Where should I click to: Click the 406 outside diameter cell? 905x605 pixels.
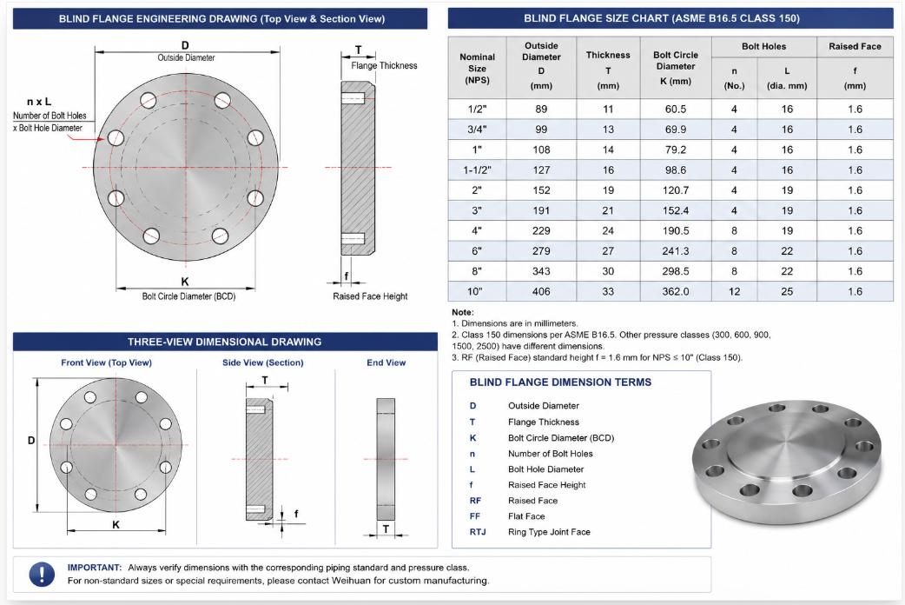click(x=541, y=291)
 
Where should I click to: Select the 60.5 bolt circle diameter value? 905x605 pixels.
click(x=676, y=110)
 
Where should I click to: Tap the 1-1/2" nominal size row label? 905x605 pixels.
click(x=477, y=170)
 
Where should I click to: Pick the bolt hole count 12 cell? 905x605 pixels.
click(x=734, y=291)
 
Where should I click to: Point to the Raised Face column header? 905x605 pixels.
click(x=855, y=46)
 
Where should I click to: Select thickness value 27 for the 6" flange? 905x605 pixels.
click(x=608, y=251)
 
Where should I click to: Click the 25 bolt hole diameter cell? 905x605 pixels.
click(x=787, y=291)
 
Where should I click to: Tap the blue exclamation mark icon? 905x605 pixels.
click(x=43, y=574)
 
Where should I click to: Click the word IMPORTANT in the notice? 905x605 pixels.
click(x=94, y=568)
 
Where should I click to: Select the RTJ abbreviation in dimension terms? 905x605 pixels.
click(x=478, y=532)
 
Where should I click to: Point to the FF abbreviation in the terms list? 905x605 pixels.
click(x=475, y=516)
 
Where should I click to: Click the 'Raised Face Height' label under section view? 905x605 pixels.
click(x=370, y=296)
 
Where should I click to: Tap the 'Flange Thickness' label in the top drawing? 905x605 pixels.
click(x=384, y=66)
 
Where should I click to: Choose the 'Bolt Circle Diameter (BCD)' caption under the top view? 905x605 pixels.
click(x=188, y=296)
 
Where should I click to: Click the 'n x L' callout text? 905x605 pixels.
click(x=39, y=102)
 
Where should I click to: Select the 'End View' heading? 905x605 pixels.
click(x=386, y=362)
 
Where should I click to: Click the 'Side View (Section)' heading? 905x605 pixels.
click(x=262, y=362)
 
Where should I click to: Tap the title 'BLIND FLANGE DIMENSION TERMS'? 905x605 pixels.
click(x=560, y=382)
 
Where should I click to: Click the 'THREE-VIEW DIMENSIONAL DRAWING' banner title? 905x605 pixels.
click(x=225, y=342)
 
